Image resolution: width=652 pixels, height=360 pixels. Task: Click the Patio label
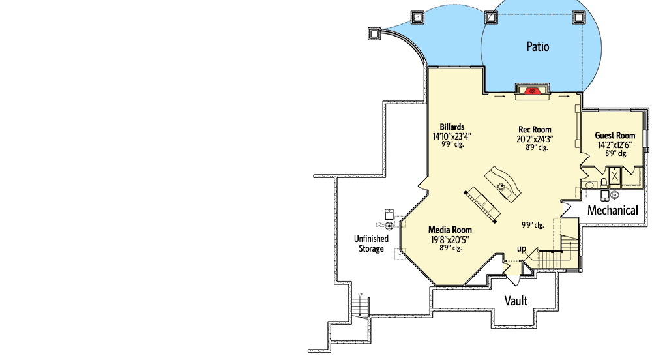click(537, 46)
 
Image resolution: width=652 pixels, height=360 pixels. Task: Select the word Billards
click(452, 127)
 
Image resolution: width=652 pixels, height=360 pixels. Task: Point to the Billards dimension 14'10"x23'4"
click(452, 136)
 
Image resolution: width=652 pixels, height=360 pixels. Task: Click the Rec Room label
click(535, 130)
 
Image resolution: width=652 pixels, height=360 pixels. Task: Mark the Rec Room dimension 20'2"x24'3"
click(535, 139)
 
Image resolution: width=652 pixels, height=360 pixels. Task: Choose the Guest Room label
click(614, 136)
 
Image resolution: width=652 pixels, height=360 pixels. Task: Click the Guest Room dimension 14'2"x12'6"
click(614, 145)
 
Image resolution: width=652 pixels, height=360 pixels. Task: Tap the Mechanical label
click(612, 210)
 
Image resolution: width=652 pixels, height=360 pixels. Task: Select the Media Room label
click(450, 230)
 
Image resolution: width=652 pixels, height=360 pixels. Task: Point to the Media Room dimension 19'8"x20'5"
click(450, 239)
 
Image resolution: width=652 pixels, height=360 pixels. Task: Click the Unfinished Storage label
click(371, 243)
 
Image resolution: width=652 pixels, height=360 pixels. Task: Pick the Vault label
click(516, 301)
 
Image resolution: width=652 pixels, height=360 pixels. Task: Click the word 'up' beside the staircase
click(522, 249)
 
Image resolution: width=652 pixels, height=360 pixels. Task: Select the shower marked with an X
click(615, 175)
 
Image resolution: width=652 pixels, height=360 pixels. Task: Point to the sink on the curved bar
click(501, 187)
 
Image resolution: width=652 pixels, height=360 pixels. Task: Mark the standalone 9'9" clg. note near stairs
click(533, 225)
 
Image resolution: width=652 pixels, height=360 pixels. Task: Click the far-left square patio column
click(374, 33)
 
